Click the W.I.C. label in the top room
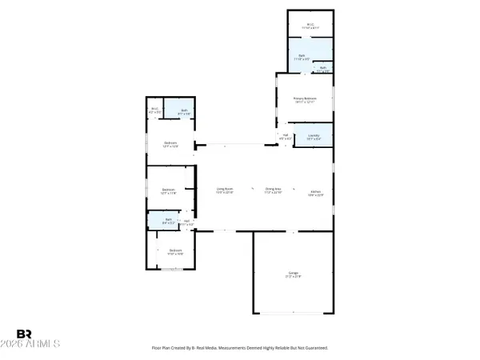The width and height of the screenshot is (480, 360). point(310,24)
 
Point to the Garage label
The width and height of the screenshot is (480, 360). point(294,273)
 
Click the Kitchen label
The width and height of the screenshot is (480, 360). point(316,190)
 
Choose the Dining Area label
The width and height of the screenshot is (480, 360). point(273,190)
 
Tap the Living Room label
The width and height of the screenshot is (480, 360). point(224,190)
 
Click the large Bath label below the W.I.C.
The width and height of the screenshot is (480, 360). point(302,55)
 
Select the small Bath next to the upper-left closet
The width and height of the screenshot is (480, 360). point(183,110)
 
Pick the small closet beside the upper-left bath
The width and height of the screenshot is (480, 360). point(155,110)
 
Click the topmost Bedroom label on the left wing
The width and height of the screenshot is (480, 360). point(170,144)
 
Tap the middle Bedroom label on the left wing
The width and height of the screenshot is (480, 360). point(168,190)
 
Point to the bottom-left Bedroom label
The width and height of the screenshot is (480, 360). point(175,250)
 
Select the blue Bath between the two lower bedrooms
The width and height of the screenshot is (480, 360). point(168,219)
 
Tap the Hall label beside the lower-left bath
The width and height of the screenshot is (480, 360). point(186,221)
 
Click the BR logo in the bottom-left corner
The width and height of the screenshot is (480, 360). point(25,334)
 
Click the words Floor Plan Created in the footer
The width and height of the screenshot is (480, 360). point(172,348)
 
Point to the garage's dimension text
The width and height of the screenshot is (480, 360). point(294,277)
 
